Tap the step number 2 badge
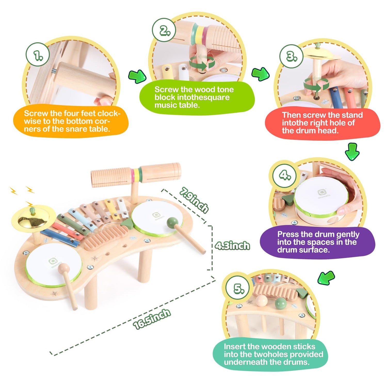[x=164, y=30]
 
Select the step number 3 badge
[x=291, y=56]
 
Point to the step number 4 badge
[x=285, y=176]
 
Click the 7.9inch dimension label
[x=194, y=200]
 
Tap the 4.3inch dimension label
[x=232, y=245]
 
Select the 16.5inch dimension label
[x=152, y=319]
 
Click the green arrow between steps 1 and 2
[x=137, y=76]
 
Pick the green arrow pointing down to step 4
[x=352, y=151]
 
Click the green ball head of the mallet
[x=172, y=222]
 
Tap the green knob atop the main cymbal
[x=32, y=210]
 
